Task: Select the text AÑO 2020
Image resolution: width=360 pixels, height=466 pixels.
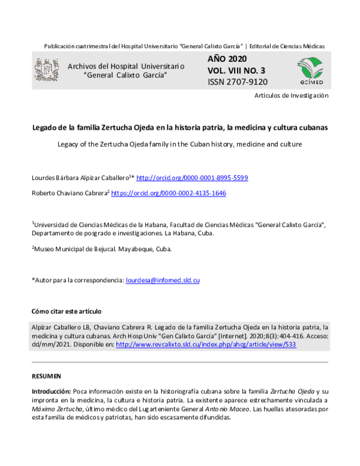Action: (x=226, y=60)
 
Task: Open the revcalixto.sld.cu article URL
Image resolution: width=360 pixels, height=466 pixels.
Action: (x=206, y=345)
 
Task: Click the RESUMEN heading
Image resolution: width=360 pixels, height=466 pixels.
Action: (x=46, y=376)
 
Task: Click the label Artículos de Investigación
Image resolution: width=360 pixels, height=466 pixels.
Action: (x=292, y=95)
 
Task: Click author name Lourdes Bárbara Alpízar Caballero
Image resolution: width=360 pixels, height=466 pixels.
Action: (x=82, y=178)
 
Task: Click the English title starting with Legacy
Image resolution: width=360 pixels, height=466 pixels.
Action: (x=179, y=145)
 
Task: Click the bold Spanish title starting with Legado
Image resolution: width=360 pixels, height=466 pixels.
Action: (x=179, y=128)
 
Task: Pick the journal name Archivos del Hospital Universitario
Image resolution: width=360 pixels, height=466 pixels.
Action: (x=125, y=65)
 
